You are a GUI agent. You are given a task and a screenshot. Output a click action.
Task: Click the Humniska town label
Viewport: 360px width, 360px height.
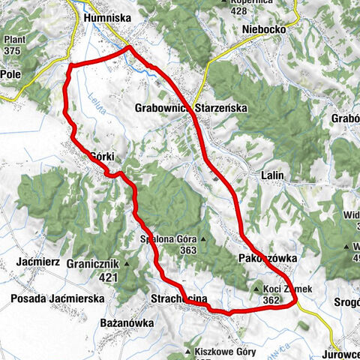[109, 16]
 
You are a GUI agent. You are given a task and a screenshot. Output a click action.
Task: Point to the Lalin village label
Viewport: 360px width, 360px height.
[273, 175]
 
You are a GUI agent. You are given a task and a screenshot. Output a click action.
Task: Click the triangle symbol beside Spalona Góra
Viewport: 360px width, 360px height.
[202, 240]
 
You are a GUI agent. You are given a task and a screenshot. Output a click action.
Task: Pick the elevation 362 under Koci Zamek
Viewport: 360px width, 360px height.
[271, 300]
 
